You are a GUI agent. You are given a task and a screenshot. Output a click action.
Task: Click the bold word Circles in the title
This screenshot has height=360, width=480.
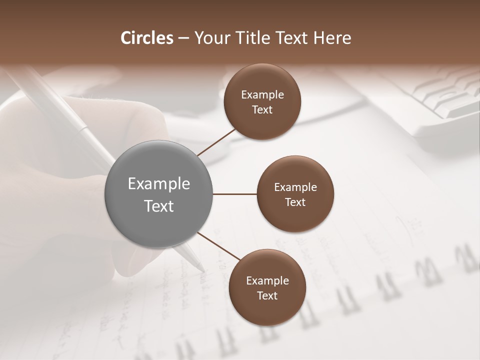pos(147,38)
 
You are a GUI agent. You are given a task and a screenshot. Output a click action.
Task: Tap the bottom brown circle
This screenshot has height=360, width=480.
pos(267,310)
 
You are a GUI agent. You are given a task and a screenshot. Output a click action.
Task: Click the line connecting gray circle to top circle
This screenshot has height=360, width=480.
pos(216,142)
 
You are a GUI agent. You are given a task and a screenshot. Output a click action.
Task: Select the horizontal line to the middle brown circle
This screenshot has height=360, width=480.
pos(234,194)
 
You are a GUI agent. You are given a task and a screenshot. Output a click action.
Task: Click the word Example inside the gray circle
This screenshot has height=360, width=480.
pos(159,184)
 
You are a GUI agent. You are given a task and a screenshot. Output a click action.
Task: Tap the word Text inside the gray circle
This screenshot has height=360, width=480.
pos(159,206)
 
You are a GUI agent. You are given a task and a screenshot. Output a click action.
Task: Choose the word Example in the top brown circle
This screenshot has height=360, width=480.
pos(262,95)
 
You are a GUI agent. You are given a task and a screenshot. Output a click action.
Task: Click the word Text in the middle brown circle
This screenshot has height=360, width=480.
pos(295,202)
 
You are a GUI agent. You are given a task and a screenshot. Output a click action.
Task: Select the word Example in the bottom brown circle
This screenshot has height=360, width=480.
pos(267,281)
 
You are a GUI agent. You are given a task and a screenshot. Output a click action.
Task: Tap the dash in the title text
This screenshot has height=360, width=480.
pos(183,38)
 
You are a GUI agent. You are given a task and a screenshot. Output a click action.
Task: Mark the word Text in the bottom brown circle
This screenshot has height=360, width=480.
pos(267,295)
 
